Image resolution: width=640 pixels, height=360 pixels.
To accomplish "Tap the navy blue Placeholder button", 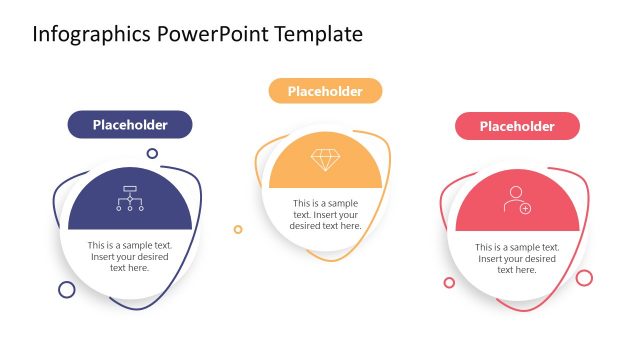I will tap(130, 125).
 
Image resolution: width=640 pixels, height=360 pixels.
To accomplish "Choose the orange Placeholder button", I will tap(325, 91).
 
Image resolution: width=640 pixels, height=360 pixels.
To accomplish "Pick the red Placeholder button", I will tap(517, 126).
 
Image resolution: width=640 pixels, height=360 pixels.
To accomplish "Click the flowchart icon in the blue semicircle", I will tap(130, 199).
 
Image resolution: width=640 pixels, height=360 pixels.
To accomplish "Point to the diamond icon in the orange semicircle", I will tap(325, 159).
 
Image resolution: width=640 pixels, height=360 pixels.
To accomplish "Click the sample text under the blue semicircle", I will tap(130, 256).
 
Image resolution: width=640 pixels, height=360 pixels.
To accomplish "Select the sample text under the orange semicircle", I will tap(326, 214).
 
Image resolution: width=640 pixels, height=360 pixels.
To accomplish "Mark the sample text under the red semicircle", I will tap(517, 258).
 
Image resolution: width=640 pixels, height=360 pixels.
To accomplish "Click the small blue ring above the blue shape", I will tap(152, 154).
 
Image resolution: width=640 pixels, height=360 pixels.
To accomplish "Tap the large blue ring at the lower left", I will tap(67, 290).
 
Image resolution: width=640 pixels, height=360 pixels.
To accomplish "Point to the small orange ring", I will tap(238, 229).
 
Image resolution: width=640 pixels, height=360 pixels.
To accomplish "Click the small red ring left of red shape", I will tap(449, 283).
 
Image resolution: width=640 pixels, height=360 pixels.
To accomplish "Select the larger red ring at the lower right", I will tap(584, 277).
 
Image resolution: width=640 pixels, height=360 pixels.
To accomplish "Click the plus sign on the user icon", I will tap(525, 208).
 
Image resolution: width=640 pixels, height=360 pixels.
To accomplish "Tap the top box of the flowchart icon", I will tap(130, 189).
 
